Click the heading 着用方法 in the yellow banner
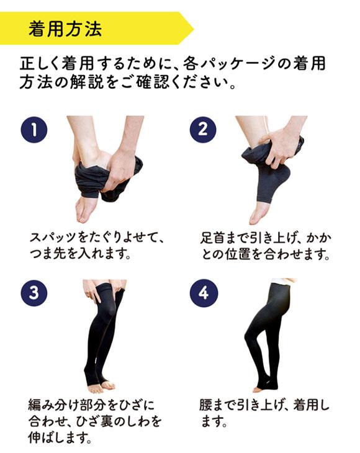65,28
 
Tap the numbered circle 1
34,130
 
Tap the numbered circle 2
202,130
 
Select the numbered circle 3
34,292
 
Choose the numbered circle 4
202,292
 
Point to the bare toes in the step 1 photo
86,211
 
